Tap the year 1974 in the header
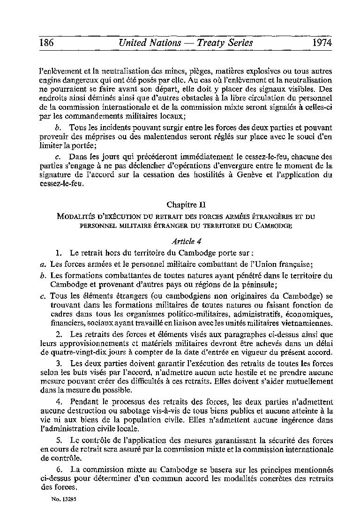tap(321, 43)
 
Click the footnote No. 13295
tap(65, 500)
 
